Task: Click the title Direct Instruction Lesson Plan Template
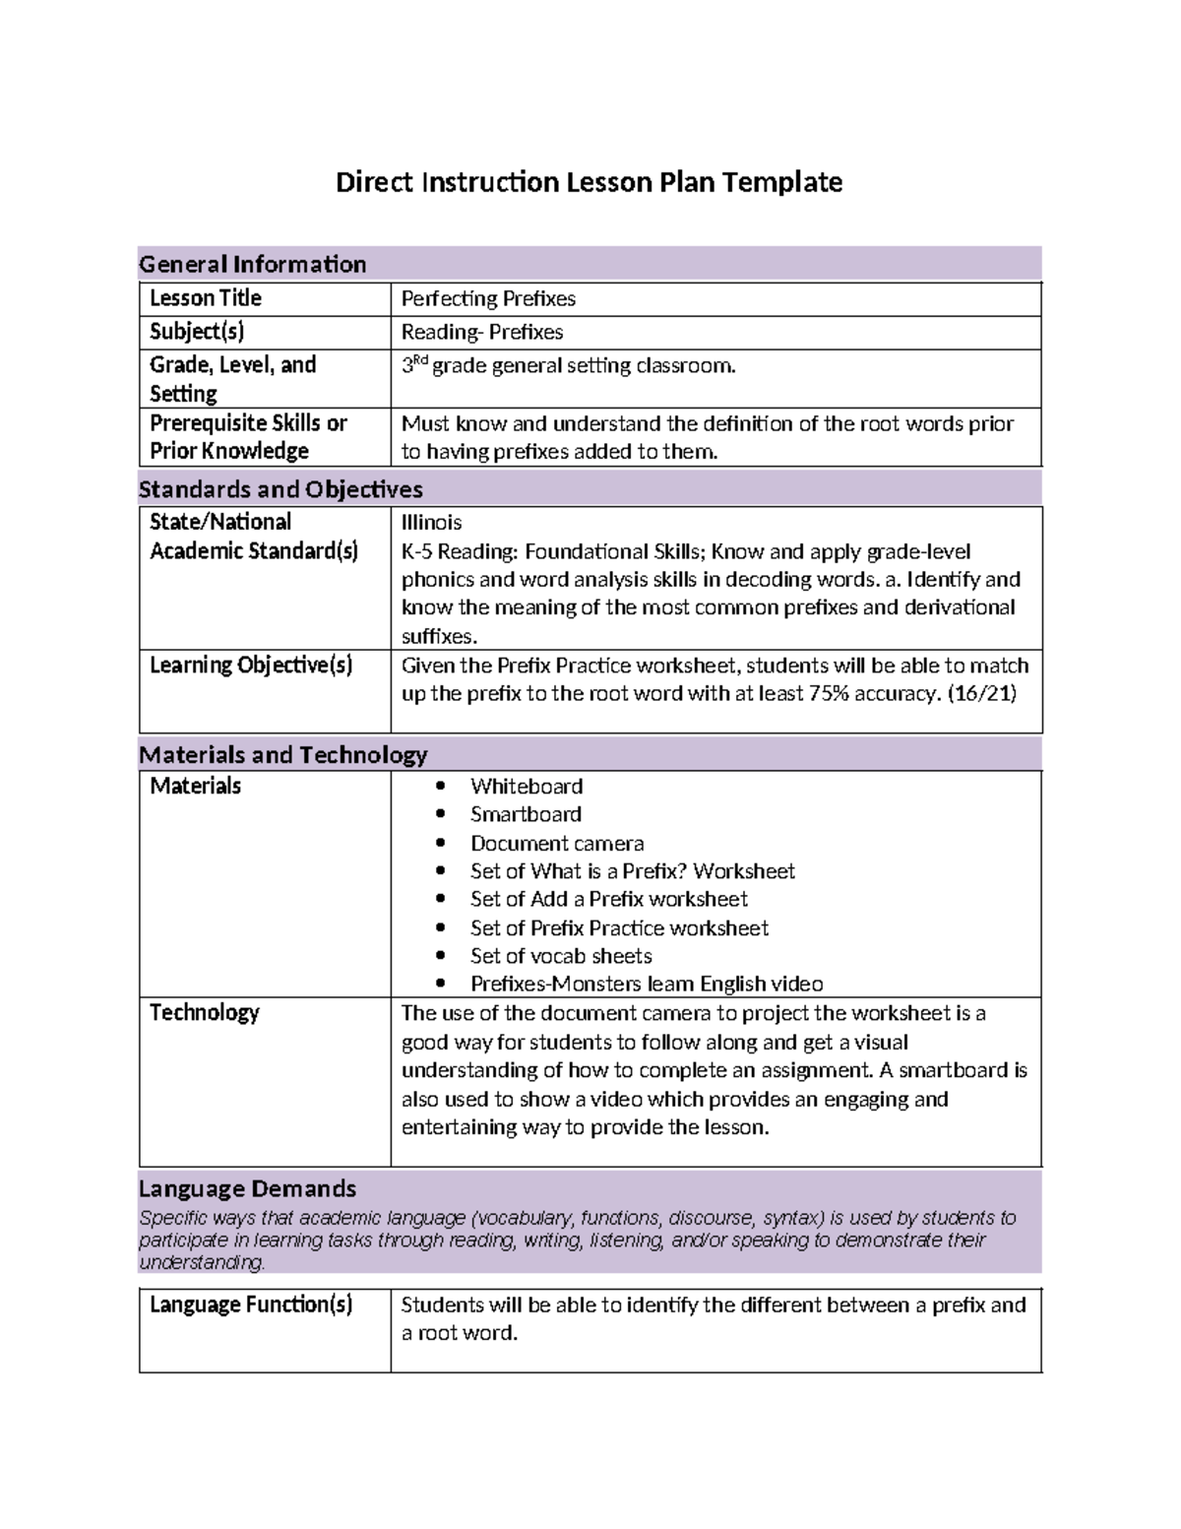(x=589, y=182)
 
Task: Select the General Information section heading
(x=252, y=264)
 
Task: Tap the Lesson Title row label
(x=205, y=298)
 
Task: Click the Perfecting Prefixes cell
(x=488, y=298)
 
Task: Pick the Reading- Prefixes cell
(x=481, y=332)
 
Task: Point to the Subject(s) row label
(x=197, y=332)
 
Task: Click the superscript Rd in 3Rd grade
(x=419, y=360)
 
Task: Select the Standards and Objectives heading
(x=280, y=489)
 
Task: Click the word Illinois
(x=431, y=522)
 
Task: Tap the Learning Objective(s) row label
(x=250, y=666)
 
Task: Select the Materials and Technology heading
(x=282, y=755)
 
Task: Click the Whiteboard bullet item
(x=526, y=787)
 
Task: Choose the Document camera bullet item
(x=556, y=844)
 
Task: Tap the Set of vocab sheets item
(x=561, y=956)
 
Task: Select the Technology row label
(x=204, y=1013)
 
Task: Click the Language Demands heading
(x=247, y=1188)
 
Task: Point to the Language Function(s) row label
(x=250, y=1305)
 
